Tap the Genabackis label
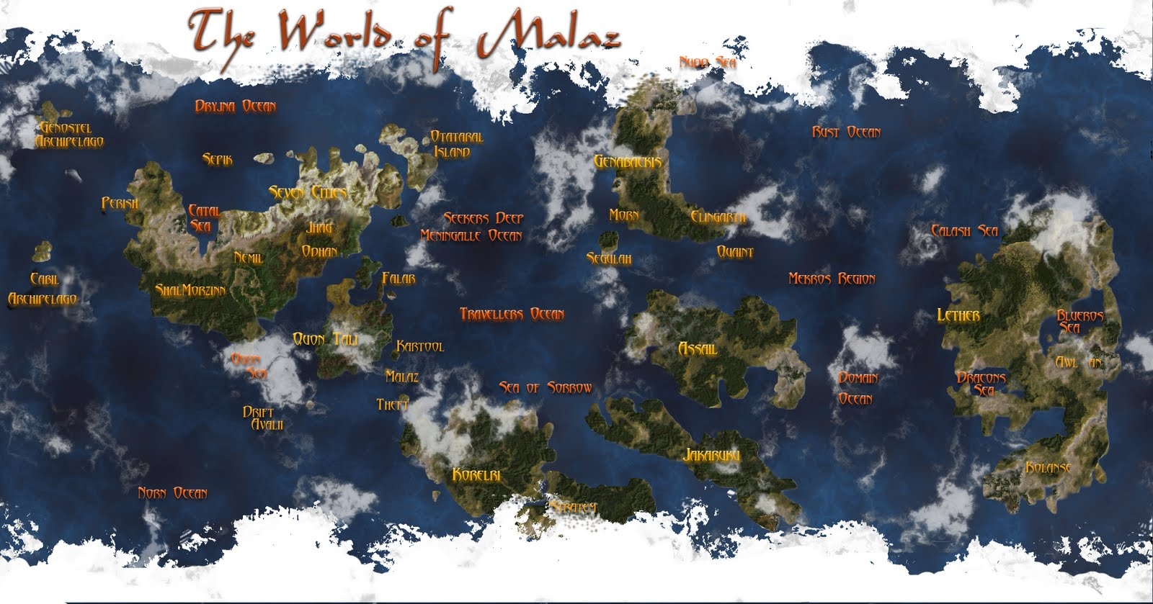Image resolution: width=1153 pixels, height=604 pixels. [x=627, y=162]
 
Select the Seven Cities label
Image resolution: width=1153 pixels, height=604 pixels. [x=308, y=192]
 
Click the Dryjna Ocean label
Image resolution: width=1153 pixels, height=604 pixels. [x=235, y=107]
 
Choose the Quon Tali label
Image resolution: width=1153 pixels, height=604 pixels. [x=325, y=339]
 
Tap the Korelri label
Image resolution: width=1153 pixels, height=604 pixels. [x=476, y=474]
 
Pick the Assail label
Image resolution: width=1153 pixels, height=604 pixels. [x=698, y=349]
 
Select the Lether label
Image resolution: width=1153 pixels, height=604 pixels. [x=958, y=315]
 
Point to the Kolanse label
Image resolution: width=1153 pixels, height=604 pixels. [x=1048, y=468]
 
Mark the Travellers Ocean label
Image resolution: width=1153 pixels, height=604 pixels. [x=512, y=314]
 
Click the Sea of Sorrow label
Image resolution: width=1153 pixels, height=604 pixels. [x=546, y=388]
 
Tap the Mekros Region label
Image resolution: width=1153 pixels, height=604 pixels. [x=832, y=279]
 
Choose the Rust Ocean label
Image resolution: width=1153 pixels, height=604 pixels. [x=846, y=132]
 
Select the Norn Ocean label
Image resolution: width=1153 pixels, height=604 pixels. [x=173, y=493]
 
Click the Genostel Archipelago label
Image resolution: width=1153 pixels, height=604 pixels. [x=69, y=135]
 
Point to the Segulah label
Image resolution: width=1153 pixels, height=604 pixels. [x=609, y=258]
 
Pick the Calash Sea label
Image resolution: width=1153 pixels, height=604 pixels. [x=964, y=231]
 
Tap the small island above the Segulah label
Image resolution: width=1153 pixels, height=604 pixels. [x=608, y=239]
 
